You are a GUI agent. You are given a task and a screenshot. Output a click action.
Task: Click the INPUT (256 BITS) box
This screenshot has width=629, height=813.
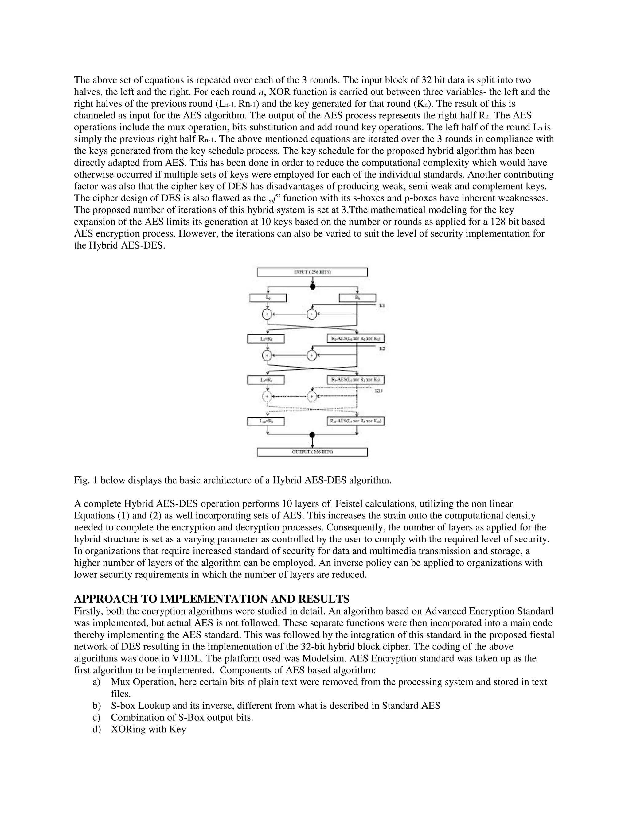pos(312,272)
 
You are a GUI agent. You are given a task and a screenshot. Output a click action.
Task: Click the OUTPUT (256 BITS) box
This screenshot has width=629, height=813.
pos(312,452)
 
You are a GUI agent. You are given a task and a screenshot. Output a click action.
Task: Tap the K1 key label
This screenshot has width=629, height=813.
pos(382,306)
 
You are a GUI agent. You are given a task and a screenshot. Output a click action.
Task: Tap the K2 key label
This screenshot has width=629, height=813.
pos(382,349)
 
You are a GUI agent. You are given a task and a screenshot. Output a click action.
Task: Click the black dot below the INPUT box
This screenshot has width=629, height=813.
pos(313,287)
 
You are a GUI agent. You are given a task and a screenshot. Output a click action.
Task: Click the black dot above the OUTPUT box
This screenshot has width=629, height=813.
pos(312,435)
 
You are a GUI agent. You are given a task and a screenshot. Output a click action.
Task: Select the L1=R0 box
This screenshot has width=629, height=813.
pos(266,339)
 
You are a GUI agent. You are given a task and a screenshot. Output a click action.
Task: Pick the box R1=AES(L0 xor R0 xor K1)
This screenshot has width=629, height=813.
pos(355,339)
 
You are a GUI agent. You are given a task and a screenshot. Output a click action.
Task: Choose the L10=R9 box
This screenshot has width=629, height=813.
pos(266,421)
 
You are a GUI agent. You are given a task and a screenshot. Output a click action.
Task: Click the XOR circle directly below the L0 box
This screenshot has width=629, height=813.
pos(267,314)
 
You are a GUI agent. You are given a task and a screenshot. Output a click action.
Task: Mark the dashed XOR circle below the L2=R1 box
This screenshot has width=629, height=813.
pos(267,397)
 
